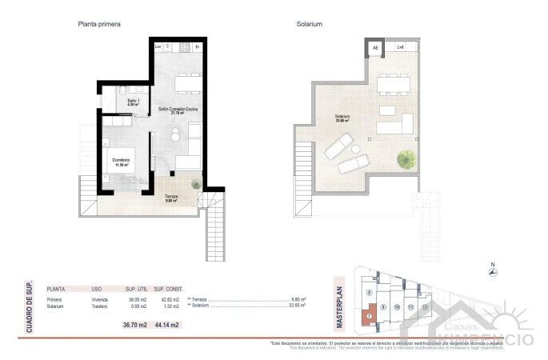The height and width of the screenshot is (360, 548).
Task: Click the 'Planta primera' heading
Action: click(99, 25)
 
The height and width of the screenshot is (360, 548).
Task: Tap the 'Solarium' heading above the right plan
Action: click(309, 25)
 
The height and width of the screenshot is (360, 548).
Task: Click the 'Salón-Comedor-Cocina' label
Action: click(178, 108)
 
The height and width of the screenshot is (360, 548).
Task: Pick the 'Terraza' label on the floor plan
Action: click(172, 196)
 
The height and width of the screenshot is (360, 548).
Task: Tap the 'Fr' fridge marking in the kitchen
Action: click(198, 47)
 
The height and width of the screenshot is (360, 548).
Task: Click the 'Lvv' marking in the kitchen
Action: click(158, 47)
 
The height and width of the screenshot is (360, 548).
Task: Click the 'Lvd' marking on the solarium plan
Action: click(400, 48)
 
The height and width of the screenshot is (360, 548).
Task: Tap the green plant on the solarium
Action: click(407, 158)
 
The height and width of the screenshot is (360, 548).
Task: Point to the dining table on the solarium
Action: click(393, 83)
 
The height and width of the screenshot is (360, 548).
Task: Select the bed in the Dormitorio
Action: click(118, 161)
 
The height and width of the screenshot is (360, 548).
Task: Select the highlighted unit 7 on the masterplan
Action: click(369, 317)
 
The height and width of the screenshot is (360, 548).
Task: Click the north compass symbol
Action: click(494, 274)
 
